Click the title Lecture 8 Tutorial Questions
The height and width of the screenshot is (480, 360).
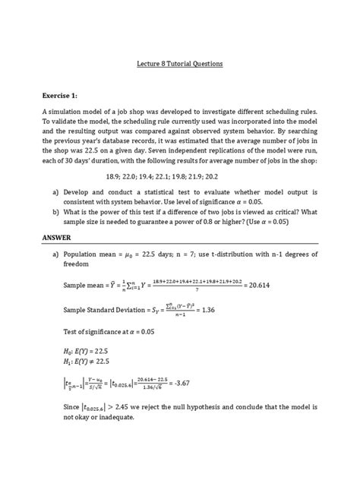(x=180, y=65)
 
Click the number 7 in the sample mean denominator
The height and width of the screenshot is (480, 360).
(x=199, y=289)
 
